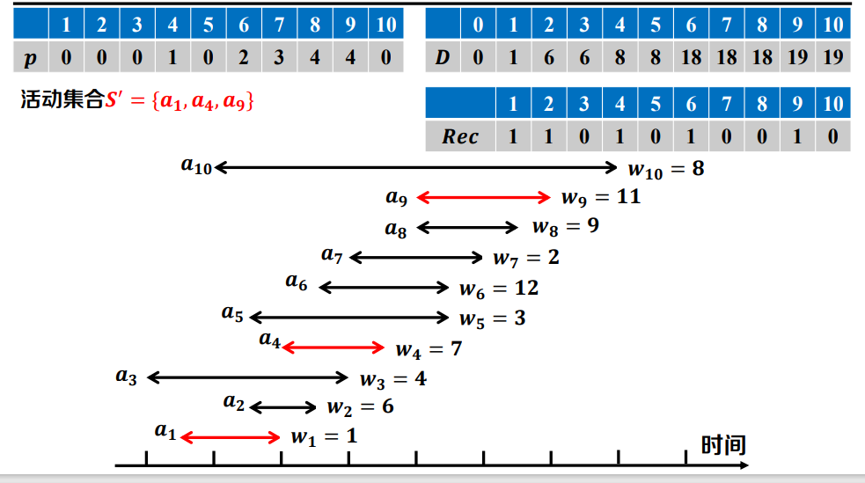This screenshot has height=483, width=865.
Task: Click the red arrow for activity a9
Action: coord(483,198)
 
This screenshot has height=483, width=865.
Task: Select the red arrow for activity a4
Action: coord(334,348)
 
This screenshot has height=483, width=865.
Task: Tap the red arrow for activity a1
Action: coord(231,436)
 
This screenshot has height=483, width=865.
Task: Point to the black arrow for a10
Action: coord(417,166)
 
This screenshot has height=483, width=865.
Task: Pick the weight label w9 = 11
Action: coord(600,197)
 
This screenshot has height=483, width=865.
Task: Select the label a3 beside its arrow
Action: coord(127,377)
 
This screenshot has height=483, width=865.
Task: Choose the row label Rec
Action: coord(460,136)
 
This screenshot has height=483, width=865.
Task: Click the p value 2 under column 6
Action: coord(244,58)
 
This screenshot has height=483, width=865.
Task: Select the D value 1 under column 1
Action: coord(513,58)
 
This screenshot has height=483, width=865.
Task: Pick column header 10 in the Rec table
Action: coord(833,104)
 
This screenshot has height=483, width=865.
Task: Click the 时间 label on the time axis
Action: coord(723,445)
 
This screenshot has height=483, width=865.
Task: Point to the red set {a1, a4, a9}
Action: coord(203,101)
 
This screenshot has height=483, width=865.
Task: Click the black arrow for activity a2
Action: coord(283,406)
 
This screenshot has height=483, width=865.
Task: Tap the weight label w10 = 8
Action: coord(666,168)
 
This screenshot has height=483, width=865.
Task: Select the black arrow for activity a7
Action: coord(416,257)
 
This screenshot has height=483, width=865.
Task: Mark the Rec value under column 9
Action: coord(797,136)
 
